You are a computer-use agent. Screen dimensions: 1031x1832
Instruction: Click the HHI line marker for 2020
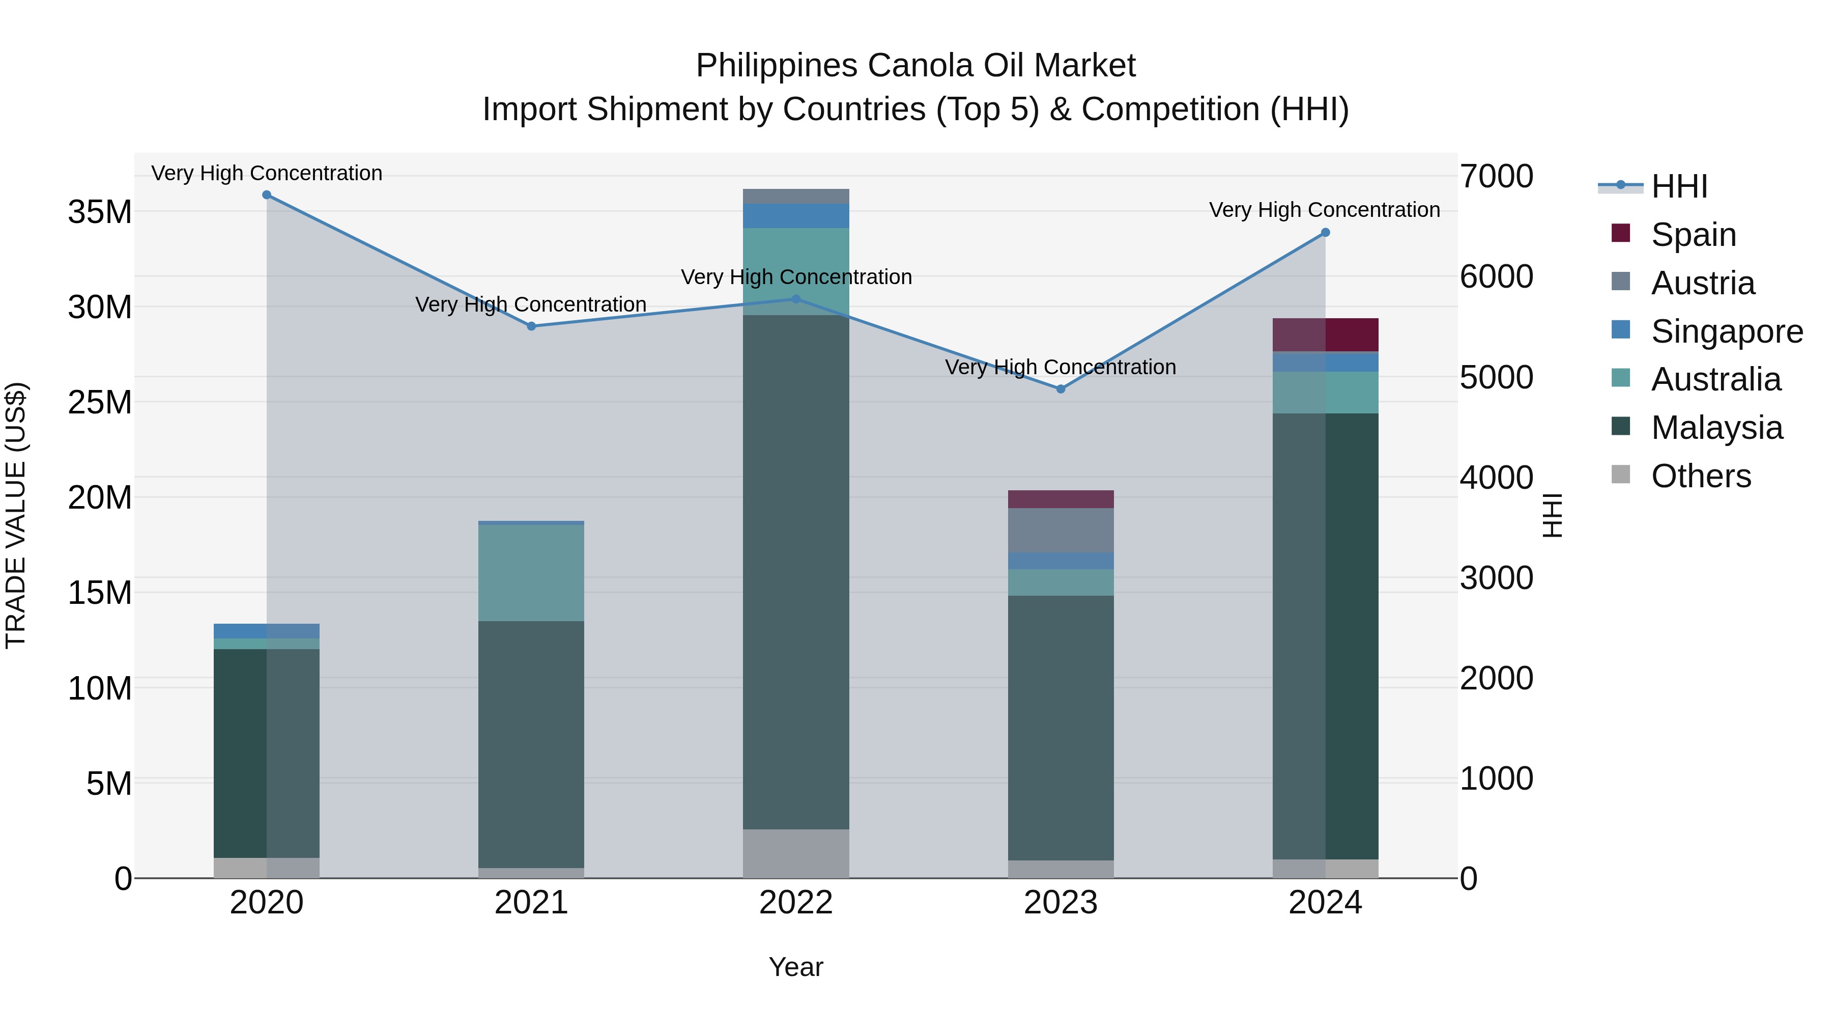tap(267, 195)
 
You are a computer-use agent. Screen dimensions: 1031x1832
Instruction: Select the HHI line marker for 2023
tap(1061, 389)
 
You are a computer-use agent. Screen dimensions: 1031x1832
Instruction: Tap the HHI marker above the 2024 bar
tap(1325, 233)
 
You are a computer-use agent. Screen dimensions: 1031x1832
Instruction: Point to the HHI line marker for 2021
tap(531, 326)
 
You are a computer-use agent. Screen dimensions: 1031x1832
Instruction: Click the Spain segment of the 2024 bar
tap(1325, 335)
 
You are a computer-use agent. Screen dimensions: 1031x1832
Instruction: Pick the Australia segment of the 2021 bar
tap(531, 573)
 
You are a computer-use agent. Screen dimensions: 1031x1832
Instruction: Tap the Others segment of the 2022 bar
tap(796, 853)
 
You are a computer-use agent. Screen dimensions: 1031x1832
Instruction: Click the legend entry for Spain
tap(1693, 235)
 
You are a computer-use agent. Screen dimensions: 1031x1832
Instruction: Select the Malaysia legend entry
tap(1716, 428)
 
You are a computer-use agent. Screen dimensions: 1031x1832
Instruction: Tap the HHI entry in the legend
tap(1678, 186)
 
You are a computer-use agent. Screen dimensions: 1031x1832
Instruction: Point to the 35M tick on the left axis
tap(100, 212)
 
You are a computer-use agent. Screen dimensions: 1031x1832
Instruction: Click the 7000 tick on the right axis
tap(1496, 177)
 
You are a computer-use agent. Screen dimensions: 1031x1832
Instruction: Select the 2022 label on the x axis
tap(796, 903)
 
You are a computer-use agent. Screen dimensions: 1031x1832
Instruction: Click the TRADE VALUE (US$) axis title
tap(16, 515)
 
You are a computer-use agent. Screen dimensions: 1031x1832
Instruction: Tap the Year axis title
tap(796, 967)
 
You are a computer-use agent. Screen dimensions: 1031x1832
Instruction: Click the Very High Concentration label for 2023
tap(1061, 367)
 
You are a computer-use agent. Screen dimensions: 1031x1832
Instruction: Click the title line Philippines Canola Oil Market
tap(915, 66)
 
